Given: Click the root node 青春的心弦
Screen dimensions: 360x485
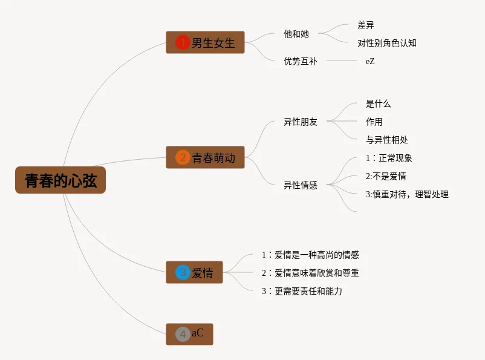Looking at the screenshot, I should pyautogui.click(x=60, y=180).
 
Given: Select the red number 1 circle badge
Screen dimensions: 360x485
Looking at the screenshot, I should pyautogui.click(x=183, y=42).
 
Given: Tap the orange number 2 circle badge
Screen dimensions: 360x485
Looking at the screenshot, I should pyautogui.click(x=183, y=158).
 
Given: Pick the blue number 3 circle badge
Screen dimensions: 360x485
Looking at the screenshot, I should pyautogui.click(x=183, y=272).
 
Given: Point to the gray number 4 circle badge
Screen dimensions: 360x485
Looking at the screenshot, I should pyautogui.click(x=183, y=334).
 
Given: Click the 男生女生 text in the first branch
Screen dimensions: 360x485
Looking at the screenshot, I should pyautogui.click(x=213, y=43).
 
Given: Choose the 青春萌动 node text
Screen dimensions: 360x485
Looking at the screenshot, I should pyautogui.click(x=213, y=159).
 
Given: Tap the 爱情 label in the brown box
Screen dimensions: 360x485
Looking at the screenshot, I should pyautogui.click(x=203, y=273).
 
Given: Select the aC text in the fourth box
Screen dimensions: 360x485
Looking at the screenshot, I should pyautogui.click(x=198, y=334).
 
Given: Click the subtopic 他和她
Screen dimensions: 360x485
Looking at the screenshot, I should pyautogui.click(x=296, y=34).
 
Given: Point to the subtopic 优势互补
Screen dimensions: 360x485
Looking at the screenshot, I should pyautogui.click(x=301, y=61).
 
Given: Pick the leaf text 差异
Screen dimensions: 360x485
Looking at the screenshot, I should pyautogui.click(x=366, y=25).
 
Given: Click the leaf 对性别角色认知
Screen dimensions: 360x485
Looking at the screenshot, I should pyautogui.click(x=386, y=43).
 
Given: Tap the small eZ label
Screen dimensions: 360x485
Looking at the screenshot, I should pyautogui.click(x=370, y=61).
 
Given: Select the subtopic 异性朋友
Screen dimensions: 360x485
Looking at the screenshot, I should pyautogui.click(x=301, y=122).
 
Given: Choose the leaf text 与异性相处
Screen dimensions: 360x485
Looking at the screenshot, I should pyautogui.click(x=387, y=140).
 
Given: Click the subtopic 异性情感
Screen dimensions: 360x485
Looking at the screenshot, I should pyautogui.click(x=301, y=185).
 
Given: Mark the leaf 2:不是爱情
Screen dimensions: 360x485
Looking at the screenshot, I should pyautogui.click(x=386, y=176).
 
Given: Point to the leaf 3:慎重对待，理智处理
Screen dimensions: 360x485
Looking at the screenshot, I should pyautogui.click(x=407, y=194).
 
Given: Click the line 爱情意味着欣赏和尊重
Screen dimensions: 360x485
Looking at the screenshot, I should pyautogui.click(x=311, y=273).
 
